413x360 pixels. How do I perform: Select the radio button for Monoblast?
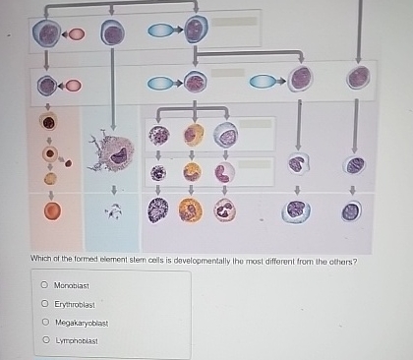(x=44, y=285)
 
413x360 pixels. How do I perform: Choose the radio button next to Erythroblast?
(x=44, y=304)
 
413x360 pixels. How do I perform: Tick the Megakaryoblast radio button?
(x=44, y=323)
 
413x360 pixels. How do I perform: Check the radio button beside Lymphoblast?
(x=44, y=341)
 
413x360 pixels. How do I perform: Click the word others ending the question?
(x=341, y=262)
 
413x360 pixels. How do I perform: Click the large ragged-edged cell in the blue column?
(x=114, y=151)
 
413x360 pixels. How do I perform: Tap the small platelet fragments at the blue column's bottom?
(x=115, y=210)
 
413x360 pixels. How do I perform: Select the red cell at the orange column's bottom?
(x=51, y=210)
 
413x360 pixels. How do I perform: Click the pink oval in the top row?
(x=76, y=35)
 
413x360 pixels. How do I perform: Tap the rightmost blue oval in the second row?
(x=262, y=81)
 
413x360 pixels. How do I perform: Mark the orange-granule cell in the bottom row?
(x=191, y=210)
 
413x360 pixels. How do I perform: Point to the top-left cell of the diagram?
(x=46, y=34)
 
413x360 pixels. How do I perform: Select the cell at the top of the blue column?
(x=114, y=34)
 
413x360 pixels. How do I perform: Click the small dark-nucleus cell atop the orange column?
(x=48, y=123)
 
